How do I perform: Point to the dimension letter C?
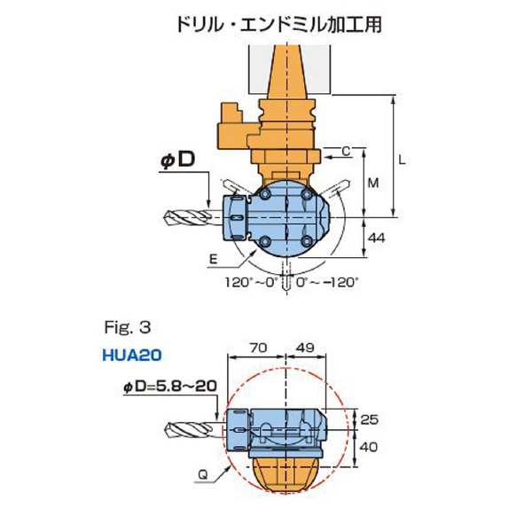(346, 152)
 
